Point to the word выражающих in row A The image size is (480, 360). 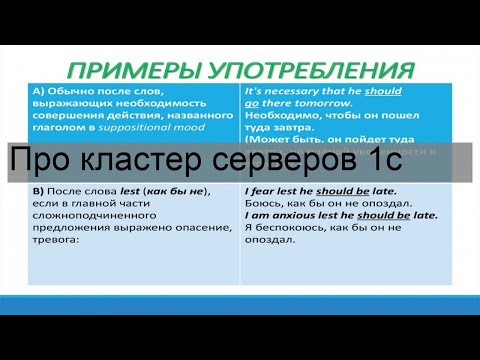coord(69,102)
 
